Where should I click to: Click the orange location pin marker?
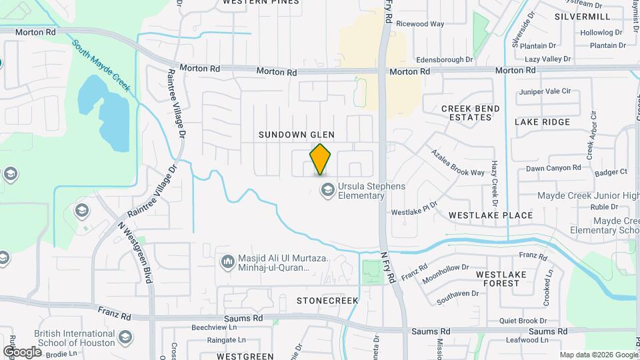tap(321, 160)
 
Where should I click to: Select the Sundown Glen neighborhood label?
tap(297, 135)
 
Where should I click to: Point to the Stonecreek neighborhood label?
tap(327, 301)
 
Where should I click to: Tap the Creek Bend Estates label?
tap(471, 113)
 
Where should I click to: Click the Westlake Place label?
tap(491, 215)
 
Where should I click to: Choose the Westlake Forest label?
tap(500, 279)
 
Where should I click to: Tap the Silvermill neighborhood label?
tap(582, 15)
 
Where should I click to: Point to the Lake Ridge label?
tap(542, 122)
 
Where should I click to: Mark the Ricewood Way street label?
tap(420, 24)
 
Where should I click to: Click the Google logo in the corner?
tap(22, 351)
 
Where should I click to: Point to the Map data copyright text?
tap(598, 355)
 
